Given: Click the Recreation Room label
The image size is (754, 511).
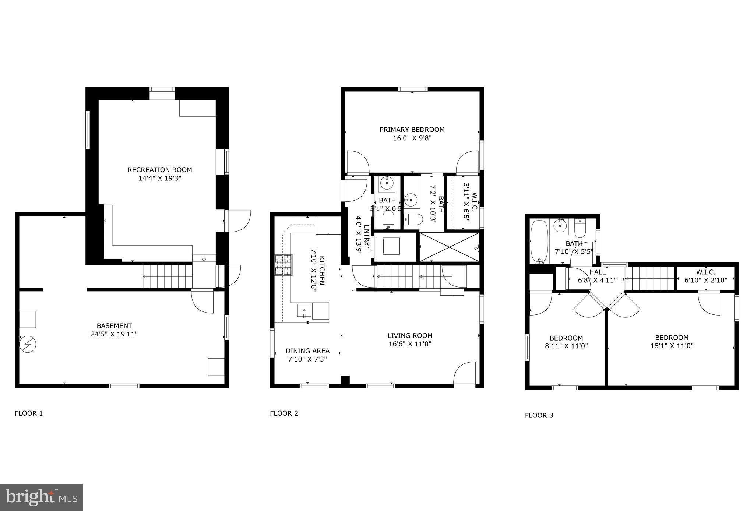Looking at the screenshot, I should (x=160, y=170).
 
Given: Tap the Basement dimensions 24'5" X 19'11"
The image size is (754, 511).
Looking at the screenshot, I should (x=114, y=334).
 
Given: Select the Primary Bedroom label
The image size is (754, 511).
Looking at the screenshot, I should (x=412, y=130).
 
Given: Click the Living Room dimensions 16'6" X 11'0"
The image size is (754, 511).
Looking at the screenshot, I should (x=410, y=344).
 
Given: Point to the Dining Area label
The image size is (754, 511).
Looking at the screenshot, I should (x=307, y=351).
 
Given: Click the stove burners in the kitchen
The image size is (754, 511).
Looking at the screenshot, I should (x=283, y=265).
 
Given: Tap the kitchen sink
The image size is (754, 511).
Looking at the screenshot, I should (x=304, y=311).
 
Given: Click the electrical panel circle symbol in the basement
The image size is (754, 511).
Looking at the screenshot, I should (x=28, y=344).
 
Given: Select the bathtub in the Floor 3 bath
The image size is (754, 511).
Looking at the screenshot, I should (x=539, y=242).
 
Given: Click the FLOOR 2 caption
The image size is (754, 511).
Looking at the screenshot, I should (x=284, y=413).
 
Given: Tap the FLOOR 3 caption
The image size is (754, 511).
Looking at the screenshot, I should (x=539, y=415).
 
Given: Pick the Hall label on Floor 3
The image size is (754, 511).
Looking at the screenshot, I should (x=597, y=272).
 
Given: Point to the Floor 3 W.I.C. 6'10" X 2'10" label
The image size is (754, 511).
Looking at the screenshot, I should (x=706, y=276).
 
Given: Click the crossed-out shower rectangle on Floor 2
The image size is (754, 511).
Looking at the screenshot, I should (x=449, y=247).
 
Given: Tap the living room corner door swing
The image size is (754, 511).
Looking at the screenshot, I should (x=464, y=374).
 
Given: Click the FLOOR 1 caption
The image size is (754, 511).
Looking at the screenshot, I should (x=29, y=413).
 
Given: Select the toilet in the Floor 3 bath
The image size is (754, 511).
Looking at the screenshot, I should (x=580, y=229).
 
